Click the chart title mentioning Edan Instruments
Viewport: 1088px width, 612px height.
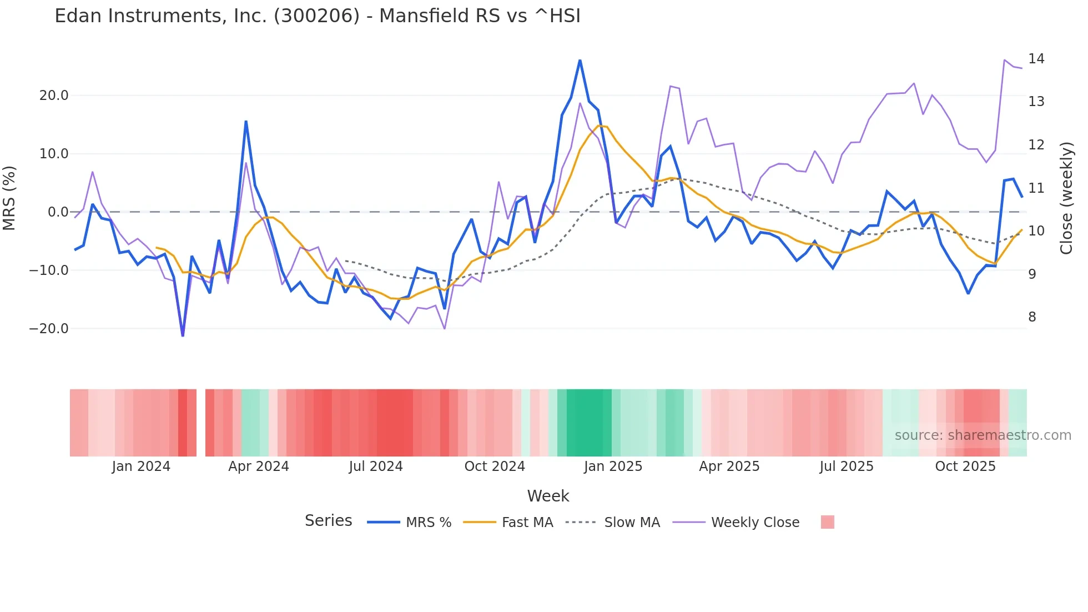pos(318,16)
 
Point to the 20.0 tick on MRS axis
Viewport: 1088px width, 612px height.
pos(54,96)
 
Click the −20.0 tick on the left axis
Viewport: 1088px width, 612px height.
pos(49,329)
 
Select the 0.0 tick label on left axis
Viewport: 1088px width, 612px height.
pos(58,212)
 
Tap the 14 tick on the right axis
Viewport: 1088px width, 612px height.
pos(1036,59)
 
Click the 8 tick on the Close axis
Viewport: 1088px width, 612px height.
pos(1032,317)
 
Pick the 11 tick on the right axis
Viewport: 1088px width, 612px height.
pos(1036,188)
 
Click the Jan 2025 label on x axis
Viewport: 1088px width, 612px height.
pos(613,466)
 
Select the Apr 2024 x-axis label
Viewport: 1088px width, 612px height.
pos(259,466)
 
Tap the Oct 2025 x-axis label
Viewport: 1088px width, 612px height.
pos(965,466)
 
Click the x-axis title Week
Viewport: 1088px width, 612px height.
pos(548,496)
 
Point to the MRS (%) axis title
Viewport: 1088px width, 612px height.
pos(9,198)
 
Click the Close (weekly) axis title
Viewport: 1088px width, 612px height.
pos(1066,198)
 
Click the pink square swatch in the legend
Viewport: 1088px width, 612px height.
pos(827,522)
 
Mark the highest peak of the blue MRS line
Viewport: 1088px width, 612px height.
pos(580,61)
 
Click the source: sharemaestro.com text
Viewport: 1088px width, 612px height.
pos(983,435)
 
